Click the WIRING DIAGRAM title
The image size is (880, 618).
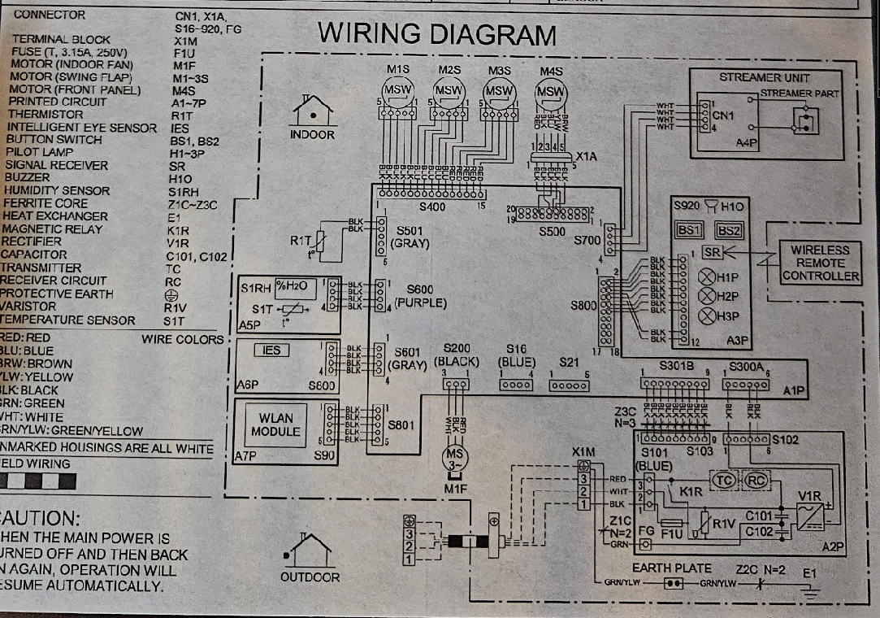pos(437,34)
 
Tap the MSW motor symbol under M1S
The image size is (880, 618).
pos(398,90)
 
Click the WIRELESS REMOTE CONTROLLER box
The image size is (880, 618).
pos(821,263)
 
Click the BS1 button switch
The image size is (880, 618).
pos(690,230)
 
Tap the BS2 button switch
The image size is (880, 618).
pos(729,230)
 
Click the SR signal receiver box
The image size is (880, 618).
pos(713,253)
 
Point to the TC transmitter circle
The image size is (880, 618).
pos(723,479)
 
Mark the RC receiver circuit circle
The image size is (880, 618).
pos(757,479)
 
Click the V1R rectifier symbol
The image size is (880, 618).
pos(810,513)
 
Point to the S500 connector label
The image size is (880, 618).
pos(553,232)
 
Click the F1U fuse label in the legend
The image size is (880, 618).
pos(184,51)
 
